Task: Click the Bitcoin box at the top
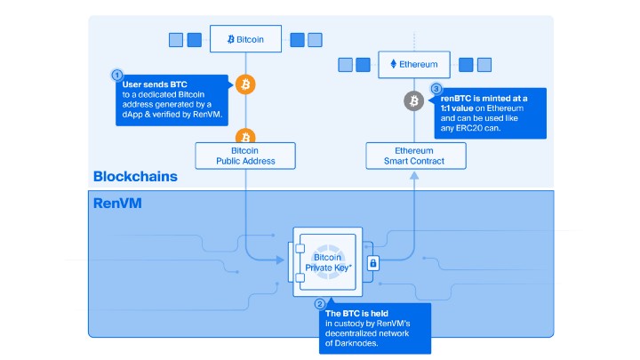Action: [245, 39]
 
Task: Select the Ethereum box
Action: [414, 64]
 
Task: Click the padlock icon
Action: [372, 262]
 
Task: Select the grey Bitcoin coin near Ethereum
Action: [414, 101]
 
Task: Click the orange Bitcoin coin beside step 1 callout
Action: [246, 85]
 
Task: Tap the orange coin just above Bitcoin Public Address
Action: [246, 136]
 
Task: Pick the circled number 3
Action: [436, 89]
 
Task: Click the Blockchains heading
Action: [135, 176]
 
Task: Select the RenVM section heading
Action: [117, 204]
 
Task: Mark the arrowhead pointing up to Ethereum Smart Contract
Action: [414, 174]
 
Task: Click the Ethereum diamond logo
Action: [395, 64]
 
